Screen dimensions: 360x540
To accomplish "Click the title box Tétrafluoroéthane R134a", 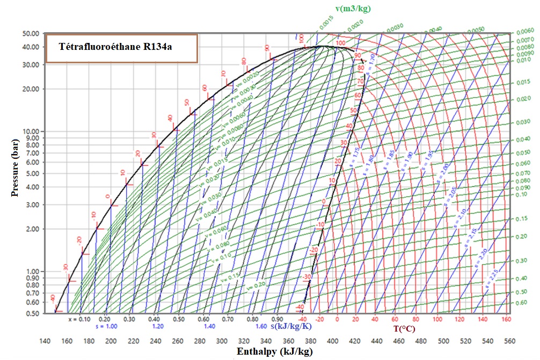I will (x=121, y=47).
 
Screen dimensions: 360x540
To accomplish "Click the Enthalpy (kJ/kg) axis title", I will (x=274, y=351).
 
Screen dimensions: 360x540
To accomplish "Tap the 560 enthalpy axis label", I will (x=510, y=341).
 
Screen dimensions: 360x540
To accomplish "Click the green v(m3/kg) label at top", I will (x=353, y=9).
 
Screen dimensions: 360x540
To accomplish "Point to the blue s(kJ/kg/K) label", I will (x=293, y=326).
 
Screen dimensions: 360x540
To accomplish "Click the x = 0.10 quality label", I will (x=78, y=319).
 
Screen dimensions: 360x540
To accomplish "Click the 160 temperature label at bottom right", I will (x=506, y=319).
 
